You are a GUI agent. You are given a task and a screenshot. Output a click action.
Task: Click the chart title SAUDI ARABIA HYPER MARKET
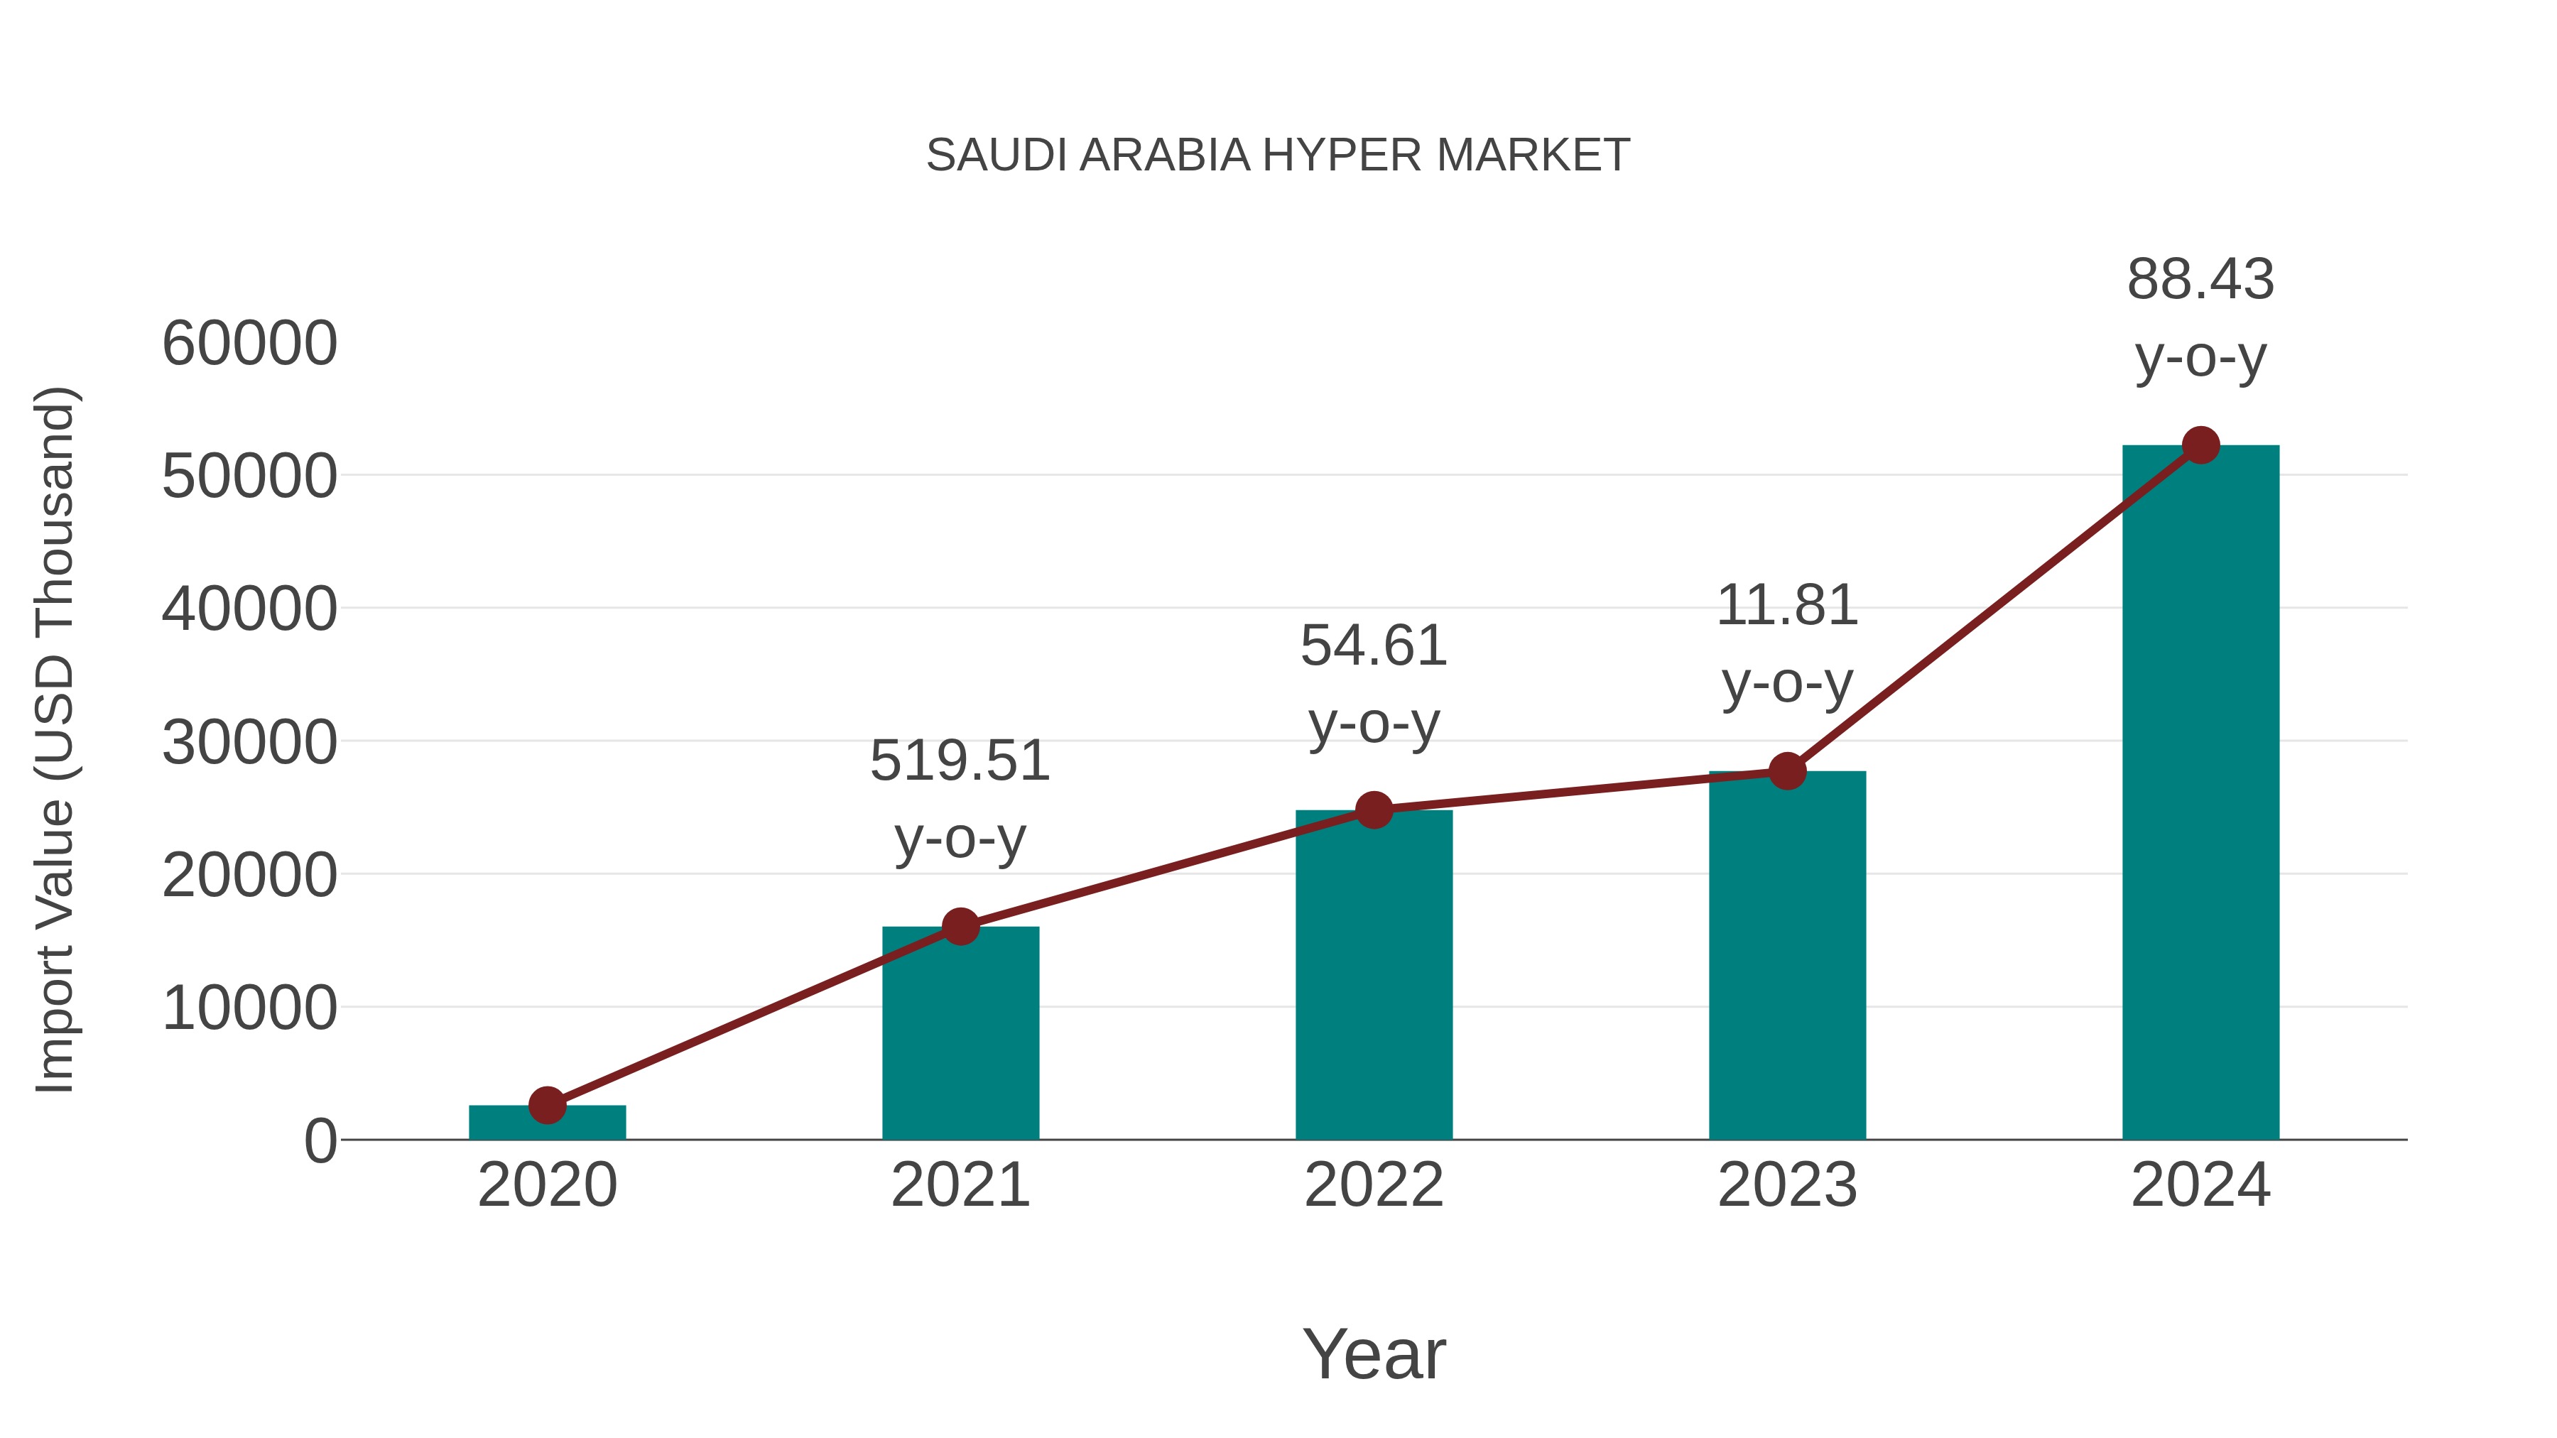(x=1278, y=156)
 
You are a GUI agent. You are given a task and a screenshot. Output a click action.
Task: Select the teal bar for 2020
(x=547, y=1123)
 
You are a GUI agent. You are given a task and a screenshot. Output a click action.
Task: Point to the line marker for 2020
(x=547, y=1104)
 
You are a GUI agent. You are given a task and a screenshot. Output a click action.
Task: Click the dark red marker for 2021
(x=960, y=927)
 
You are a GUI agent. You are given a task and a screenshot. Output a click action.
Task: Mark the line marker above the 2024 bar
(x=2200, y=445)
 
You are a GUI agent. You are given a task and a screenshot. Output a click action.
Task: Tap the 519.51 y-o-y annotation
(x=960, y=799)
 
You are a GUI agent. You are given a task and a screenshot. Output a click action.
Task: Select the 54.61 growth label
(x=1374, y=684)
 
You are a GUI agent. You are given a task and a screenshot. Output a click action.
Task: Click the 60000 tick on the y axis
(x=249, y=344)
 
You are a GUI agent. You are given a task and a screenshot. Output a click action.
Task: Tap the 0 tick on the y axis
(x=320, y=1141)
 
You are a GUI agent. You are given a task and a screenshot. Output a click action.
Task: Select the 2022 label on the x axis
(x=1374, y=1185)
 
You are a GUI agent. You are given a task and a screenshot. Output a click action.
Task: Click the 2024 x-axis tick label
(x=2200, y=1185)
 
